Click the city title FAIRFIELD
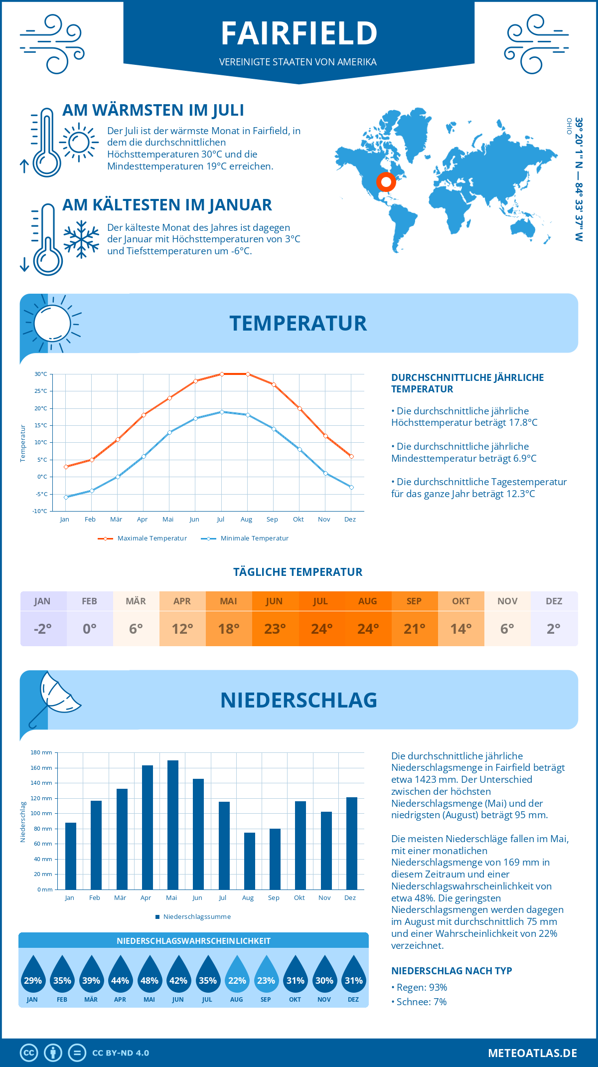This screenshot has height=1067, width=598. click(x=299, y=34)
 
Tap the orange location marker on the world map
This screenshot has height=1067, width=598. click(x=386, y=182)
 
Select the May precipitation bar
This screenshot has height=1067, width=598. click(x=172, y=825)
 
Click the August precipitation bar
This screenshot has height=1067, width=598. click(x=249, y=861)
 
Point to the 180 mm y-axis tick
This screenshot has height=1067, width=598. click(x=42, y=752)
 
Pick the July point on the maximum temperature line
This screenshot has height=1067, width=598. click(x=222, y=374)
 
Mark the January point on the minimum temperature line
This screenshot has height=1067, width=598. click(x=66, y=497)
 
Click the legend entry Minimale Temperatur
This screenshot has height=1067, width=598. click(x=254, y=538)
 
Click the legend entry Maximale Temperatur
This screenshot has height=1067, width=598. click(x=151, y=538)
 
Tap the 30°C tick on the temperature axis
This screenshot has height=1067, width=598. click(x=41, y=374)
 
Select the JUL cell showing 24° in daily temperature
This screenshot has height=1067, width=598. click(x=321, y=628)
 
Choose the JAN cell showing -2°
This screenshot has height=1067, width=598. click(x=43, y=628)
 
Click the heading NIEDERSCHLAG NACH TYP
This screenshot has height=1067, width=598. click(x=451, y=971)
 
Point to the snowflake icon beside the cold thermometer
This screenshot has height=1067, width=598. click(x=81, y=239)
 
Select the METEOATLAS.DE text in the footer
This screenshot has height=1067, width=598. click(x=532, y=1053)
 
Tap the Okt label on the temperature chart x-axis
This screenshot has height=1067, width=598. click(x=298, y=520)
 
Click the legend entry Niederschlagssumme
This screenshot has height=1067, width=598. click(x=196, y=917)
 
